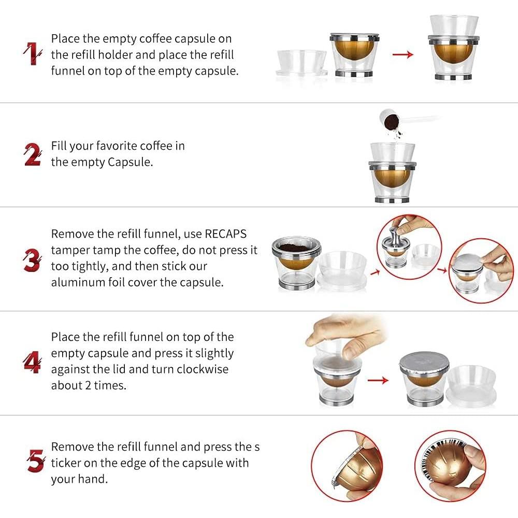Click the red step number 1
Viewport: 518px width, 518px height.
tap(32, 53)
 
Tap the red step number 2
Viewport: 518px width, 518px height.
tap(33, 154)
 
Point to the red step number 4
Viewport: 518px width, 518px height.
tap(32, 363)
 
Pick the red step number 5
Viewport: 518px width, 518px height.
tap(36, 461)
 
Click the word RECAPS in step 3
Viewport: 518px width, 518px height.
tap(226, 234)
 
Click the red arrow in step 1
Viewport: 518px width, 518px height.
tap(403, 54)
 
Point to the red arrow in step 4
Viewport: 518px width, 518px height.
tap(378, 381)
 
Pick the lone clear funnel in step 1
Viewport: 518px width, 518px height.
tap(301, 63)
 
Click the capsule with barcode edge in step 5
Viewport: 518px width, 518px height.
tap(450, 466)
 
